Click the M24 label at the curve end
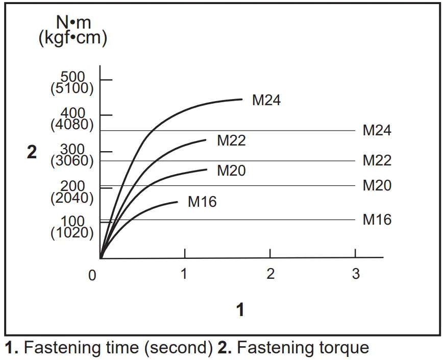pos(266,100)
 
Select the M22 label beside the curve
pos(231,140)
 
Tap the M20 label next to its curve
pos(231,171)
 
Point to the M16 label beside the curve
pos(202,202)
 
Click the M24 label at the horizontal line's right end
pos(377,131)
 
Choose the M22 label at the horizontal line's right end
pos(377,161)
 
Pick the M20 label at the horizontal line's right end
pos(377,185)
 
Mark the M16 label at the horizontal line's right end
pos(377,220)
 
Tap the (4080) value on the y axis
pos(72,125)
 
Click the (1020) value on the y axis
pos(72,233)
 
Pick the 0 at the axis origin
pos(92,276)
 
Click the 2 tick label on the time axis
pos(270,274)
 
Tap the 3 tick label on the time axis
pos(356,274)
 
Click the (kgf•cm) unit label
pos(73,39)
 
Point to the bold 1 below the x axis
pos(240,309)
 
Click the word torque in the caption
pos(340,348)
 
